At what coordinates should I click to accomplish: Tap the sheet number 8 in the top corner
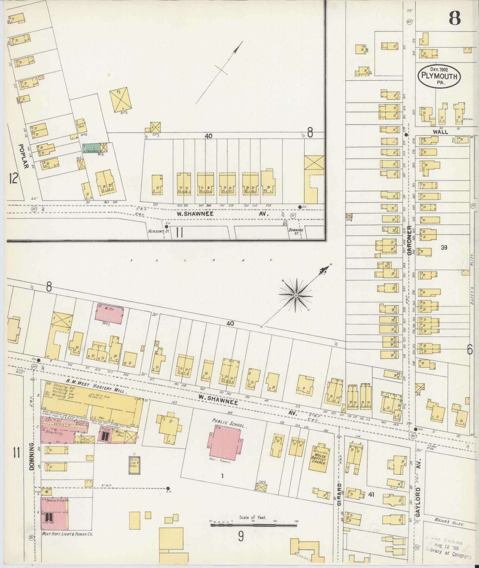[454, 18]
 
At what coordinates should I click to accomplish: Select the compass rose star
[296, 296]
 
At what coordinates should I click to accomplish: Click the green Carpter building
[91, 148]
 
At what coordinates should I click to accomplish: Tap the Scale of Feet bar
[253, 525]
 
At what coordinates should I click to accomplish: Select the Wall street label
[440, 132]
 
